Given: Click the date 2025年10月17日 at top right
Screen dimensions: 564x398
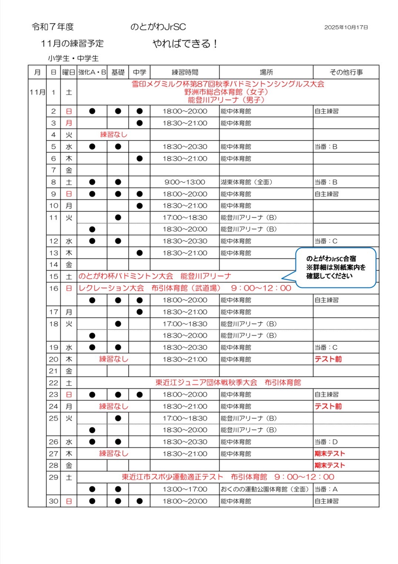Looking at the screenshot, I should click(x=346, y=27).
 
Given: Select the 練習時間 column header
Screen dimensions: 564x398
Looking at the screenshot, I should click(x=185, y=72).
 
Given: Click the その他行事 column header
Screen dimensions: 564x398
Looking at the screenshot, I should click(x=346, y=72).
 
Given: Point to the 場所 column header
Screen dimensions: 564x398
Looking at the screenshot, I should click(x=266, y=72).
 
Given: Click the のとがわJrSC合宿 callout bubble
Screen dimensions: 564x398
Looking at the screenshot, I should click(x=335, y=267).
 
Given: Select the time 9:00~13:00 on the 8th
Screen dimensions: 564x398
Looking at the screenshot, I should click(x=185, y=182).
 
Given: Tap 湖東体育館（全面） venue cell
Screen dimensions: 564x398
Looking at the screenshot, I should click(x=247, y=182).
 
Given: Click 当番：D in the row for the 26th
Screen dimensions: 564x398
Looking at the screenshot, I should click(x=326, y=442).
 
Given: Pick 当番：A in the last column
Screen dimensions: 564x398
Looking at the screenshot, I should click(x=326, y=489).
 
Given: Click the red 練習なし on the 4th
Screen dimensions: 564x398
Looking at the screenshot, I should click(x=114, y=135).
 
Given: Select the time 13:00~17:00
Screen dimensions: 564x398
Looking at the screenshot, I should click(x=185, y=489).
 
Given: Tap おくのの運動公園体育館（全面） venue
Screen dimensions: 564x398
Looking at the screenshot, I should click(x=265, y=489).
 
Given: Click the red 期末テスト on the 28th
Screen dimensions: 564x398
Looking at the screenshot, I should click(x=330, y=465).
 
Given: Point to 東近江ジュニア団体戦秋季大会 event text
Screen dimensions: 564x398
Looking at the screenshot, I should click(x=206, y=383).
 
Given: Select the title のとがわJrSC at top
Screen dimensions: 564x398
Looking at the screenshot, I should click(x=158, y=27).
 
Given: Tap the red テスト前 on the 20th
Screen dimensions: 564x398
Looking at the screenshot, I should click(x=328, y=359).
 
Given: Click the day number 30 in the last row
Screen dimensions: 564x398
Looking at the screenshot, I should click(x=54, y=501).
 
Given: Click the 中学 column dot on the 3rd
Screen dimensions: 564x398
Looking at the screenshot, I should click(x=140, y=123).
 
